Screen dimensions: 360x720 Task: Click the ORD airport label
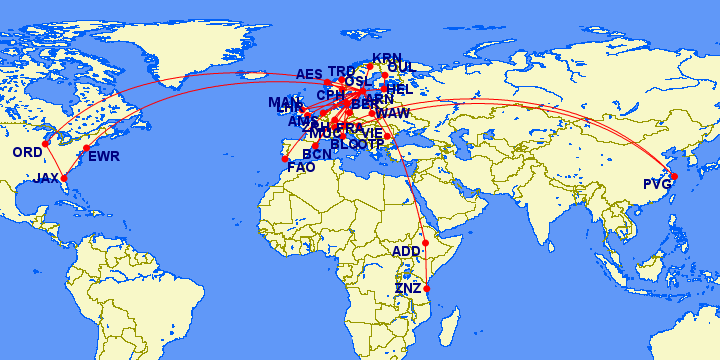click(x=27, y=153)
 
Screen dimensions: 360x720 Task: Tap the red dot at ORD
click(x=45, y=143)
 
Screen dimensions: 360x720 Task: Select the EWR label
click(x=104, y=157)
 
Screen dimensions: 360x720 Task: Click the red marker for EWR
click(x=86, y=149)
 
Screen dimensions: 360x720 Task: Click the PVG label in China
click(x=658, y=184)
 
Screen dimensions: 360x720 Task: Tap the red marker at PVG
click(x=674, y=176)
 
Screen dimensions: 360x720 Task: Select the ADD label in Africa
click(x=407, y=251)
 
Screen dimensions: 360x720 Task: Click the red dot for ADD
click(x=425, y=243)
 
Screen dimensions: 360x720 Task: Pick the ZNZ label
click(x=409, y=289)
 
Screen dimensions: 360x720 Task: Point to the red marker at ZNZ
click(x=428, y=288)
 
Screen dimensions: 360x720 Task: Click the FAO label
click(x=301, y=167)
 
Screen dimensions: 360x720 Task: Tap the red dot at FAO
click(x=285, y=158)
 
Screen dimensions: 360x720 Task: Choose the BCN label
click(x=317, y=155)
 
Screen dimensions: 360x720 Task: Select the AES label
click(x=310, y=75)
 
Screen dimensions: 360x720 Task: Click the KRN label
click(x=386, y=58)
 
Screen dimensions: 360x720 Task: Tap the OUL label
click(x=400, y=68)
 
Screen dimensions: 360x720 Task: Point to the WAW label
click(x=393, y=114)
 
